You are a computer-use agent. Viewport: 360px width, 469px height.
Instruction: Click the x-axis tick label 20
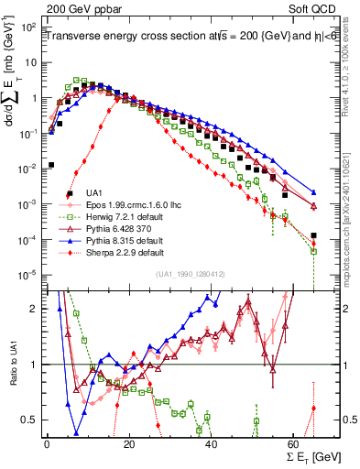(x=129, y=442)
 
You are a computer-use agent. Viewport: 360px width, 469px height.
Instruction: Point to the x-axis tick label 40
(x=212, y=442)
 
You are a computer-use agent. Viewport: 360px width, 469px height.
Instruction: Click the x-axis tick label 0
(x=47, y=442)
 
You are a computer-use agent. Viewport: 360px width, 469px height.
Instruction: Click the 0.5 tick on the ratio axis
(x=33, y=420)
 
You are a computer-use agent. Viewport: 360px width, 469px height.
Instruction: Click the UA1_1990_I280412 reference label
(x=183, y=274)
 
